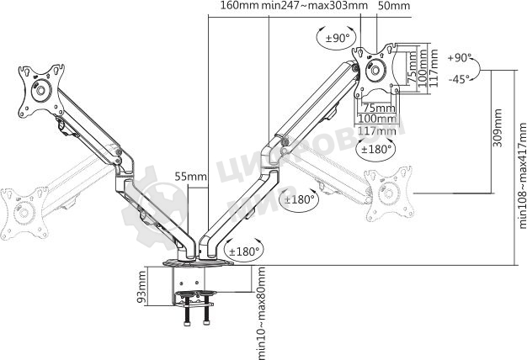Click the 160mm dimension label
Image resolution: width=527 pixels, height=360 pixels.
tap(239, 6)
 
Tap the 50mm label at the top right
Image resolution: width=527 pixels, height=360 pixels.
tap(394, 6)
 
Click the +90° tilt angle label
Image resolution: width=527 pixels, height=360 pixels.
tap(460, 59)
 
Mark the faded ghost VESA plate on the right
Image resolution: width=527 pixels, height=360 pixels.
tap(392, 197)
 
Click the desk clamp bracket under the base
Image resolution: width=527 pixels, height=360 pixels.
tap(199, 294)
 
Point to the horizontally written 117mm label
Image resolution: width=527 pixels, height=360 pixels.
tap(376, 130)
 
